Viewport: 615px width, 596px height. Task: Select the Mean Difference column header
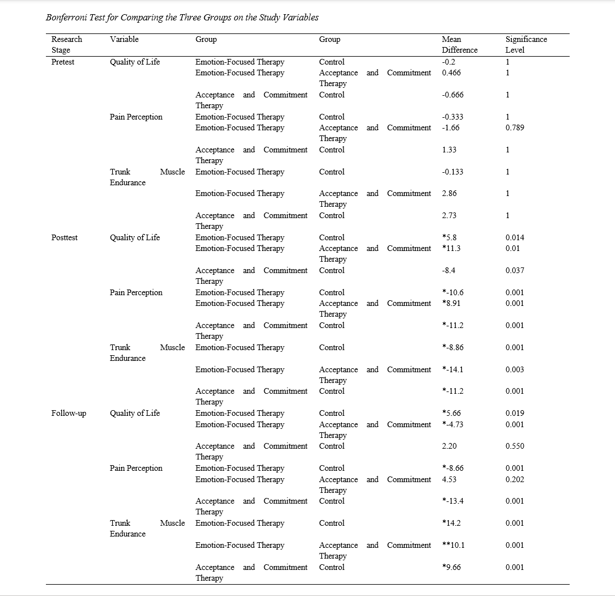[459, 45]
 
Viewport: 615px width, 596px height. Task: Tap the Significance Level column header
[526, 45]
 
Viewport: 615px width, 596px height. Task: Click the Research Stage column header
[66, 45]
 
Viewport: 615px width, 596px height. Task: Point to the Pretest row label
[62, 62]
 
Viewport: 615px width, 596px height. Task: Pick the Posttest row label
[64, 237]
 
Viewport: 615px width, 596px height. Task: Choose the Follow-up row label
[69, 413]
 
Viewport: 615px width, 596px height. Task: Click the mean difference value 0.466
[451, 73]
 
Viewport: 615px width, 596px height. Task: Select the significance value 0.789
[515, 127]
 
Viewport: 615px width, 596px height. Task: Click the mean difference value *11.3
[451, 248]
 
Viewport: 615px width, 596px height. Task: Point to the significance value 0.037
[515, 270]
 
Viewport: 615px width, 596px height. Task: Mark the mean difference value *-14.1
[453, 369]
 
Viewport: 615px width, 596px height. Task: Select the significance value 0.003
[515, 369]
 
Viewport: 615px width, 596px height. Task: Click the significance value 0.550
[515, 446]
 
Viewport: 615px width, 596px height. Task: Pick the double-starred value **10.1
[453, 545]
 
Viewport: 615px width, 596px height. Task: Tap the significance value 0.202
[515, 479]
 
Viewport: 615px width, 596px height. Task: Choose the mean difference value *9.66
[451, 567]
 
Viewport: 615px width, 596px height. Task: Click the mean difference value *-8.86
[453, 347]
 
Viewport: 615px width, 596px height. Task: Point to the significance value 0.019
[515, 413]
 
